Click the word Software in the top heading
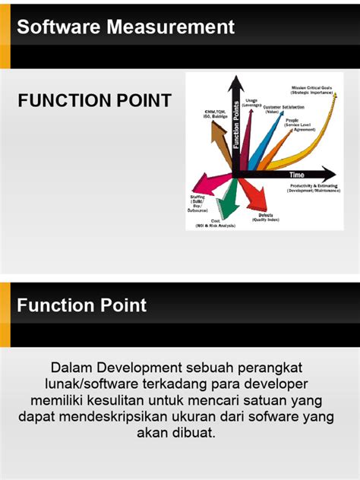60,28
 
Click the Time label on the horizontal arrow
296,174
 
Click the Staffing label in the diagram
198,201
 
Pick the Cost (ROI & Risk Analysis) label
215,223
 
